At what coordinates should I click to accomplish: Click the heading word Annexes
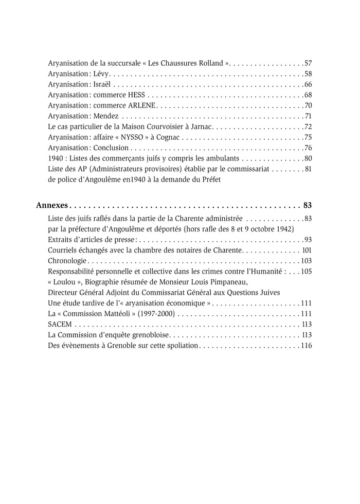[52, 205]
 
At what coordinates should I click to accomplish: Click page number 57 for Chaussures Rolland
[308, 63]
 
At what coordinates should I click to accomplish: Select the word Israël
[101, 84]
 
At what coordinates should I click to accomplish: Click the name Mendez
[106, 116]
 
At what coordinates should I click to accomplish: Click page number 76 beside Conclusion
[308, 148]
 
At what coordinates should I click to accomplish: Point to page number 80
[308, 158]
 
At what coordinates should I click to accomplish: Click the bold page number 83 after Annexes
[308, 205]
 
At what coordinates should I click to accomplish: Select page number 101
[307, 250]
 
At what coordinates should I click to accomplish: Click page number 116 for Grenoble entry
[307, 345]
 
